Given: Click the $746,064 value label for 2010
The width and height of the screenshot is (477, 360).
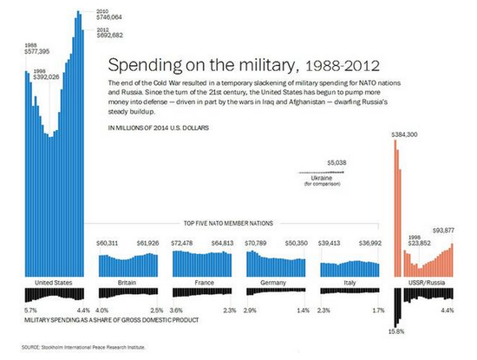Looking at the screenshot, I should point(111,16).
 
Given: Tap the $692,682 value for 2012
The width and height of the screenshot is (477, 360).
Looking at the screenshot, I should point(111,35).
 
